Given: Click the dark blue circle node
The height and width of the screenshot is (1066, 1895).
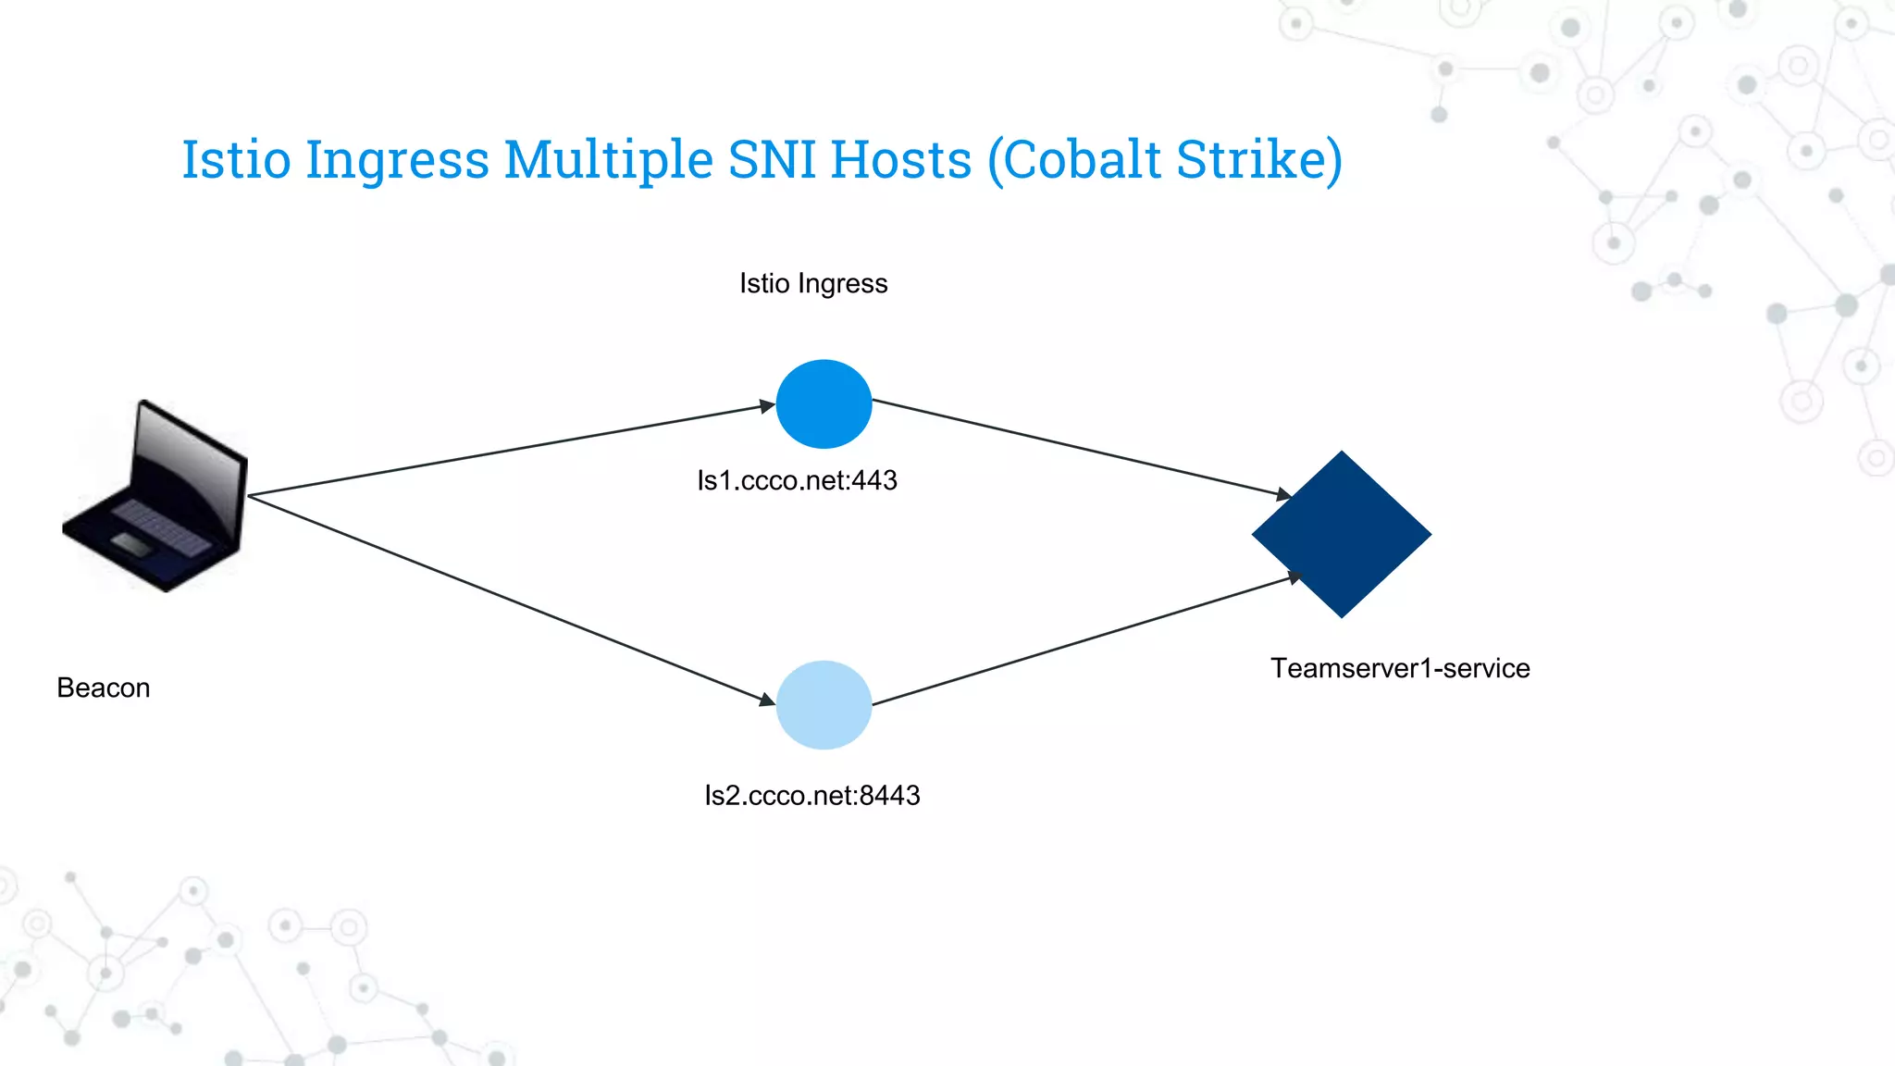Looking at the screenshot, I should (824, 404).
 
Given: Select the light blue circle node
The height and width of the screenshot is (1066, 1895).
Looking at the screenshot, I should (824, 705).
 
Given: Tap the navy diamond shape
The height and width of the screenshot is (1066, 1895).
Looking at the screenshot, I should (1342, 534).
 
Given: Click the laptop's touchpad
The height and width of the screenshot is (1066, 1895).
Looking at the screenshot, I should (131, 545).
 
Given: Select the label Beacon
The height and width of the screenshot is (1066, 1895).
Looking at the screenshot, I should (104, 688).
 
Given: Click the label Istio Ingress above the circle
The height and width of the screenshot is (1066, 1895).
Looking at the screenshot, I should (813, 283).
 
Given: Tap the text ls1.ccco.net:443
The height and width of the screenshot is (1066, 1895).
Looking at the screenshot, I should (797, 480).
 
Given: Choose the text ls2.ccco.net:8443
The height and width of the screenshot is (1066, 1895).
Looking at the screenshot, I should (811, 795).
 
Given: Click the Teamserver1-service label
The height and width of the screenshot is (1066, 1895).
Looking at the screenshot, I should (1399, 668).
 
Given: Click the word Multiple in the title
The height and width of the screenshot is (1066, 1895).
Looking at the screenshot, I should (608, 159).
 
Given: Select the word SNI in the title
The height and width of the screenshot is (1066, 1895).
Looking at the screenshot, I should (772, 159).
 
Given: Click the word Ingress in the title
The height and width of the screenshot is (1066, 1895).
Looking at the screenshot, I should (397, 159).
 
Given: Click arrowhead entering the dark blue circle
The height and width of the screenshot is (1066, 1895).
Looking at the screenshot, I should (767, 405).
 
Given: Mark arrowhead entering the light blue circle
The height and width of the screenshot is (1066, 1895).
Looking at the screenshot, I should (767, 700).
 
